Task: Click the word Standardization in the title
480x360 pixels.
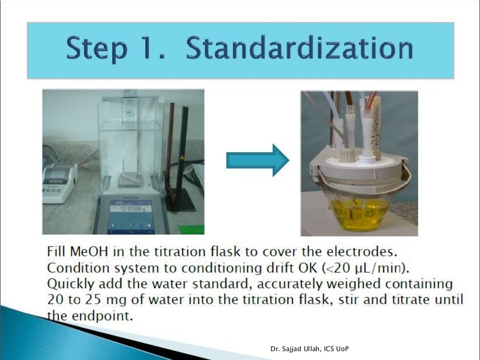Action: point(300,49)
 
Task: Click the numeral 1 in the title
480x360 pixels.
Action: point(158,49)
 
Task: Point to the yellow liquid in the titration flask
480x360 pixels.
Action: point(359,213)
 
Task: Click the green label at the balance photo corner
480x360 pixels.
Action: point(191,230)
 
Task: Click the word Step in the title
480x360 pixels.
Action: point(97,49)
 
